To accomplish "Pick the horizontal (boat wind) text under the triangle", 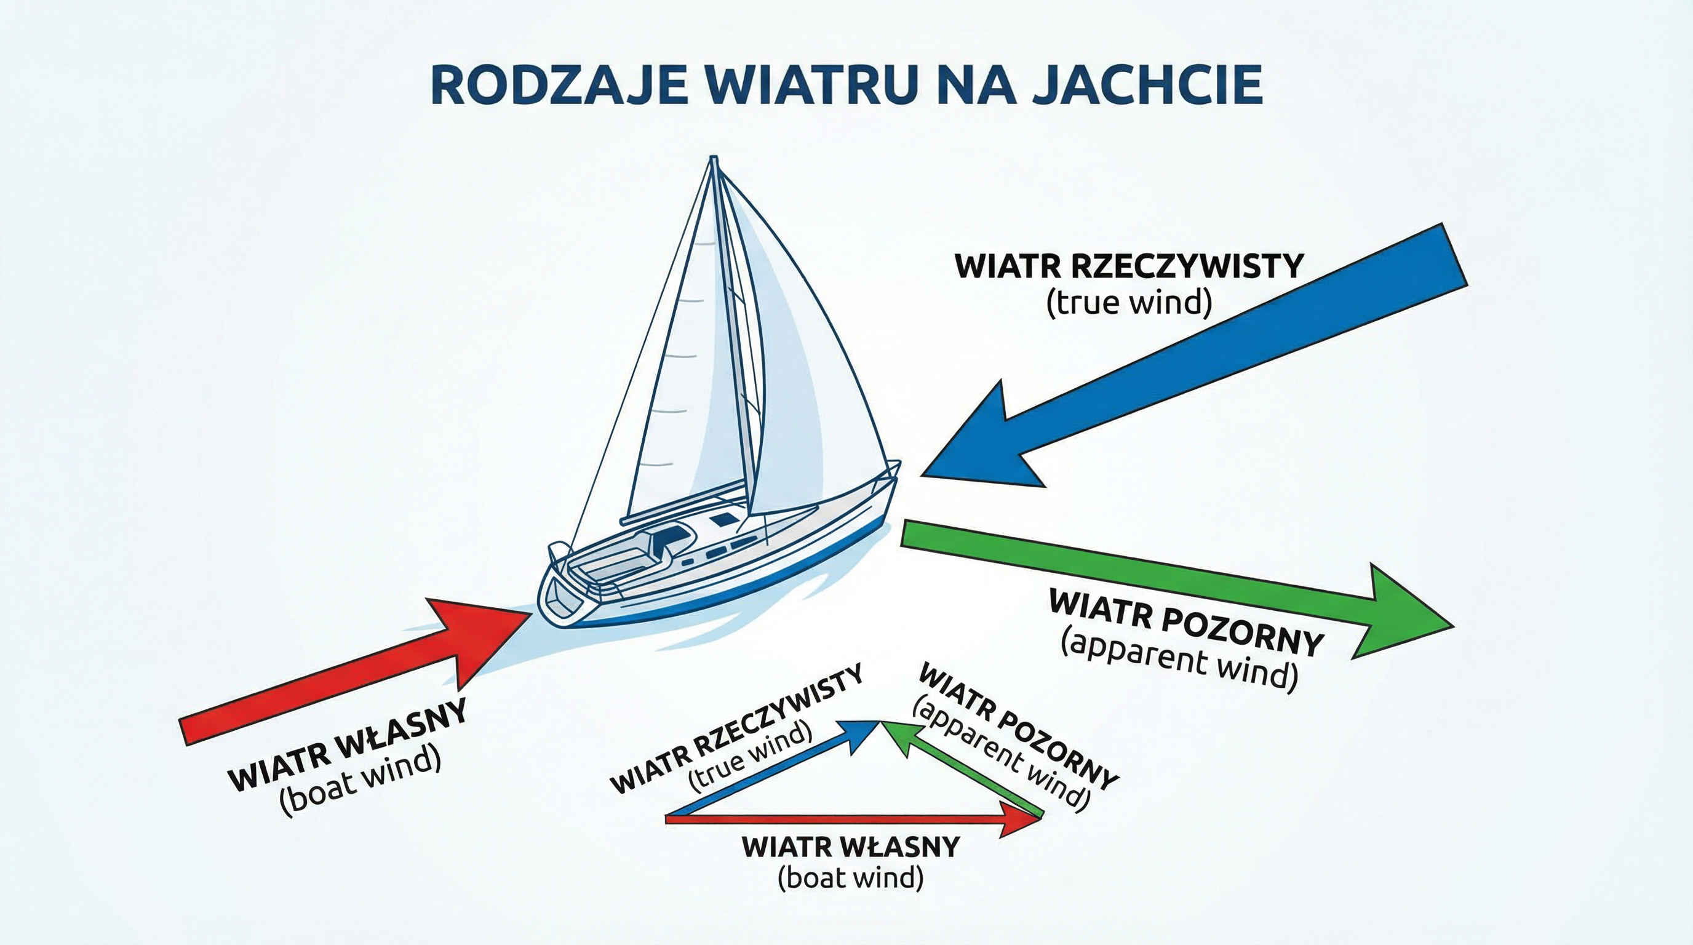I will tap(850, 878).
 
